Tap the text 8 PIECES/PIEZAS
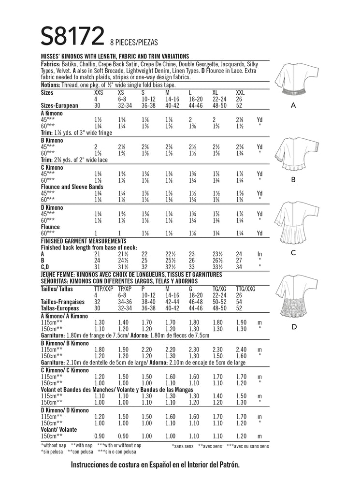134,43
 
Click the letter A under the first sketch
293,105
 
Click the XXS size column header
99,92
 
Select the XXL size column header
240,92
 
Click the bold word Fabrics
51,64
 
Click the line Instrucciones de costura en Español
155,465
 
